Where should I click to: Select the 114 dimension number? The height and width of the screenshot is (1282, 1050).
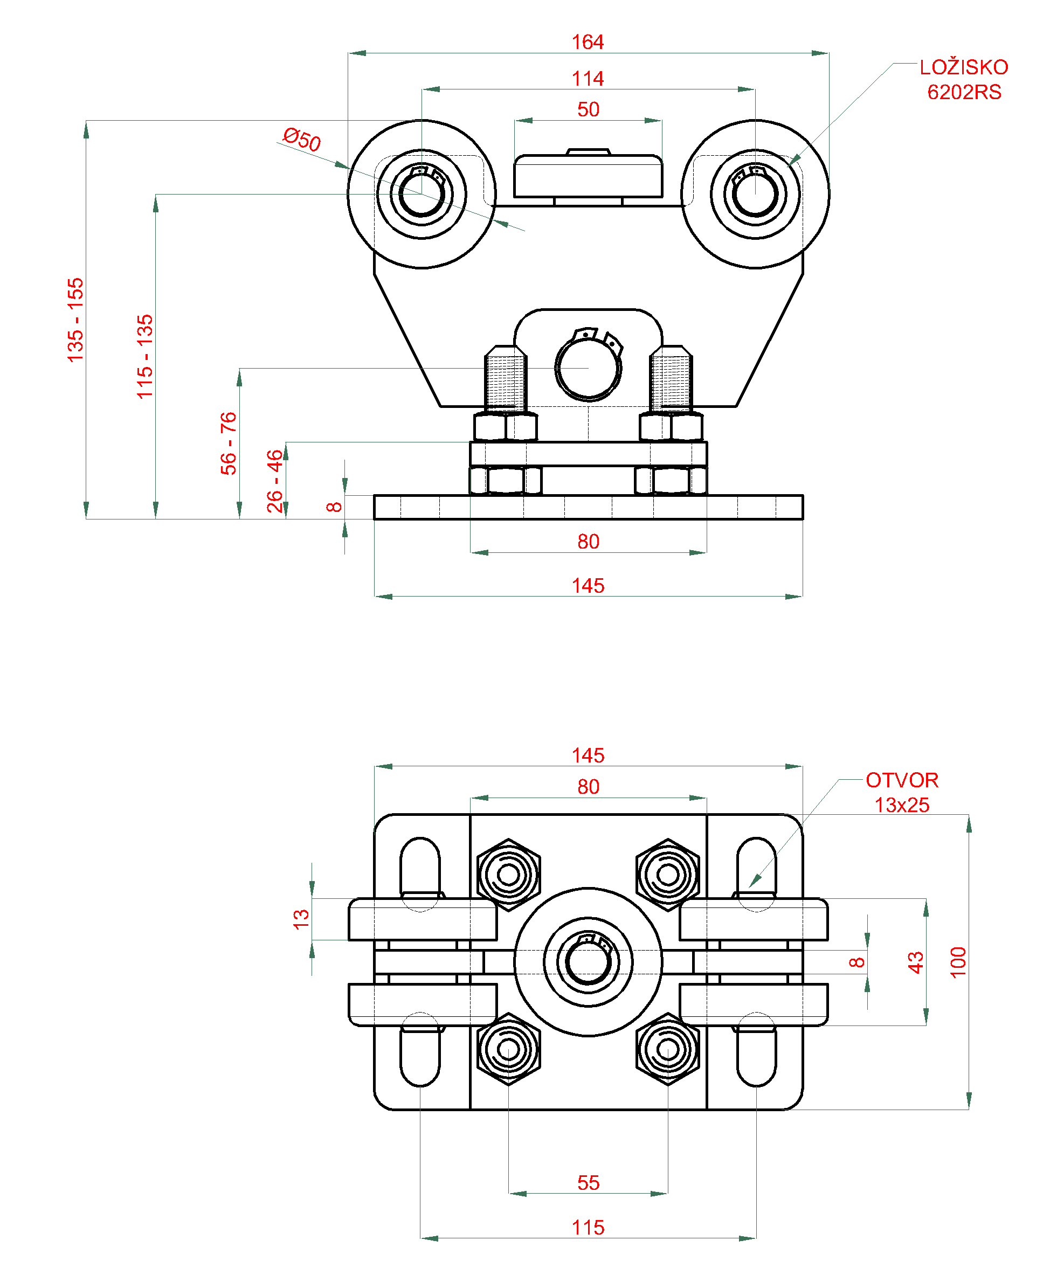[x=588, y=79]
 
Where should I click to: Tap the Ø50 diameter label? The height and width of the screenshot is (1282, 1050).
[x=301, y=140]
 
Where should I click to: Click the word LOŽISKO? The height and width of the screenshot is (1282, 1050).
[x=964, y=67]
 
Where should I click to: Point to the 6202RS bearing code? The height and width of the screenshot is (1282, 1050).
[x=964, y=92]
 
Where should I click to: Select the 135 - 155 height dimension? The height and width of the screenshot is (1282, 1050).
[x=75, y=321]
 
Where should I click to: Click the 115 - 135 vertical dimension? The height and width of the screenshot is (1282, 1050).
[x=144, y=357]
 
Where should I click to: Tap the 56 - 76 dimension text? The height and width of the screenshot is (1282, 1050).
[x=228, y=443]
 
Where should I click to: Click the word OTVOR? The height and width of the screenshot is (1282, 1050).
[x=902, y=780]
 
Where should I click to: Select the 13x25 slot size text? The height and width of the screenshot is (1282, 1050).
[x=902, y=805]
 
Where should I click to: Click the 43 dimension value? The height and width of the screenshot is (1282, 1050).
[x=916, y=962]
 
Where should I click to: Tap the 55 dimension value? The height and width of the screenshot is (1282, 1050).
[x=588, y=1182]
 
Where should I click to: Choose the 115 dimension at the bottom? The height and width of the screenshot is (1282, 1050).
[x=588, y=1227]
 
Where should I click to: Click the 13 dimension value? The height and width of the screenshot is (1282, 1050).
[x=301, y=919]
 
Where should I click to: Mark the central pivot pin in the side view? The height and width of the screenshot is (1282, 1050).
[x=588, y=368]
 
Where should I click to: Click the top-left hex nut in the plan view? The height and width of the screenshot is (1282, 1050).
[x=508, y=875]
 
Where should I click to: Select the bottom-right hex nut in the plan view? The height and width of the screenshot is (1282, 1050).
[x=668, y=1049]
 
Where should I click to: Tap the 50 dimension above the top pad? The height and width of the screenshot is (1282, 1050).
[x=588, y=109]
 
